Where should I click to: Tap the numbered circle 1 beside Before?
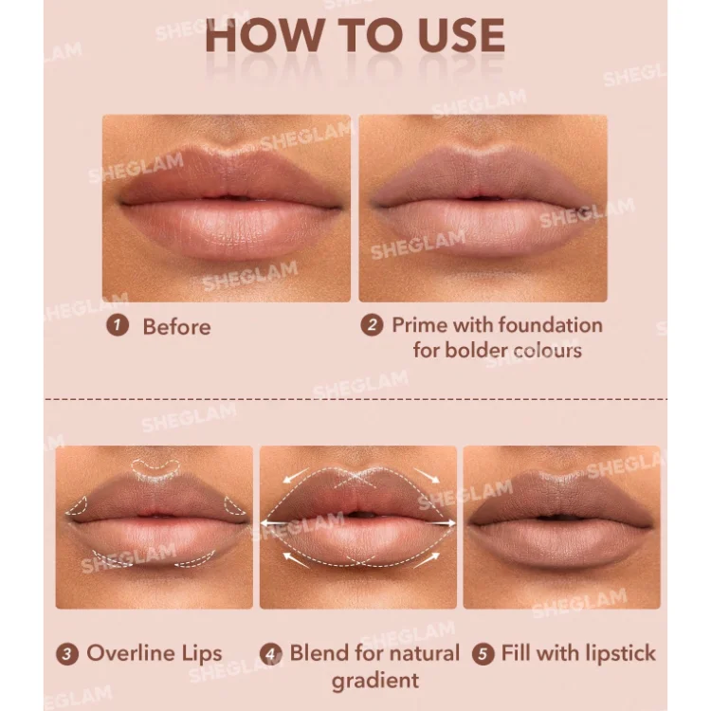point(118,325)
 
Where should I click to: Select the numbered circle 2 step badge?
point(372,325)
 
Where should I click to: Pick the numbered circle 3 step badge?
point(67,654)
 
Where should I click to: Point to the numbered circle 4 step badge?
point(271,654)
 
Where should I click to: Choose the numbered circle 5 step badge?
point(483,654)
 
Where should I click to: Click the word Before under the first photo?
point(177,326)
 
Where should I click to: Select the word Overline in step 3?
point(131,653)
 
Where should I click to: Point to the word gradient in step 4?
point(375,681)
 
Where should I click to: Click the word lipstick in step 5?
point(621,653)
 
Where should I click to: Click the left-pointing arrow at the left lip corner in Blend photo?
point(272,522)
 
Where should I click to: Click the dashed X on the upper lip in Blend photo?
point(358,479)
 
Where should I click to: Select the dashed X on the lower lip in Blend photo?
point(360,561)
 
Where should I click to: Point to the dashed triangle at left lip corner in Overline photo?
point(77,505)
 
